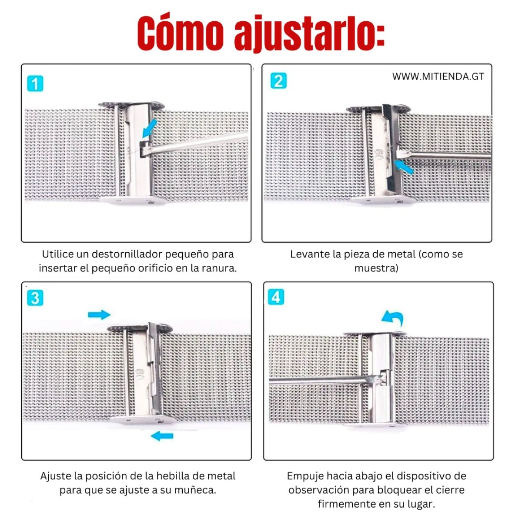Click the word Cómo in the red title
(181, 33)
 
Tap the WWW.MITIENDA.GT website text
(438, 77)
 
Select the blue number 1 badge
(35, 84)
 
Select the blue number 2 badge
(278, 81)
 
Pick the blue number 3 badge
(35, 298)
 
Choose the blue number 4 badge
(276, 297)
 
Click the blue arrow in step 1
(150, 128)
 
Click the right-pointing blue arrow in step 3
(99, 315)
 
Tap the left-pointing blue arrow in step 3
(162, 436)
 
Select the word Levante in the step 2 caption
(308, 254)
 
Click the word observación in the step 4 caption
(318, 490)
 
